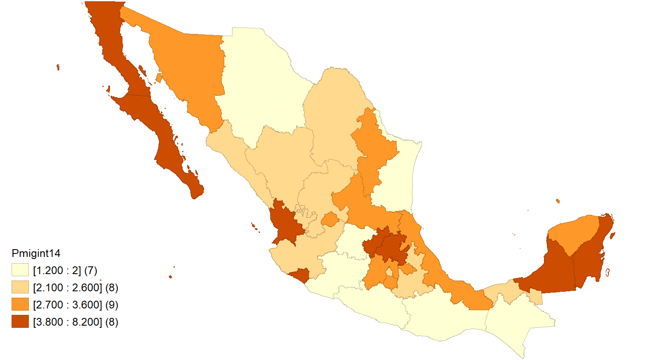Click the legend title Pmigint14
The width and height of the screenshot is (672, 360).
(36, 253)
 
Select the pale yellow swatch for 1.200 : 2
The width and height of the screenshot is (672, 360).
(20, 270)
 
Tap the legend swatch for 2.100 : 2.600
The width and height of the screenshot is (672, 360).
(20, 287)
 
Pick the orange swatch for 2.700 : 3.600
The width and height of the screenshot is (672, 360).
(20, 305)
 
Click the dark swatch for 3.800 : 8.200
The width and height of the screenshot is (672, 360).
(20, 322)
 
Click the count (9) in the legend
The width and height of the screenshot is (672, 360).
(111, 305)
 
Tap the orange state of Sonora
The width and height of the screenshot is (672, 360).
(189, 69)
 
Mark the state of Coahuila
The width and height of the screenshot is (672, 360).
(335, 116)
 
